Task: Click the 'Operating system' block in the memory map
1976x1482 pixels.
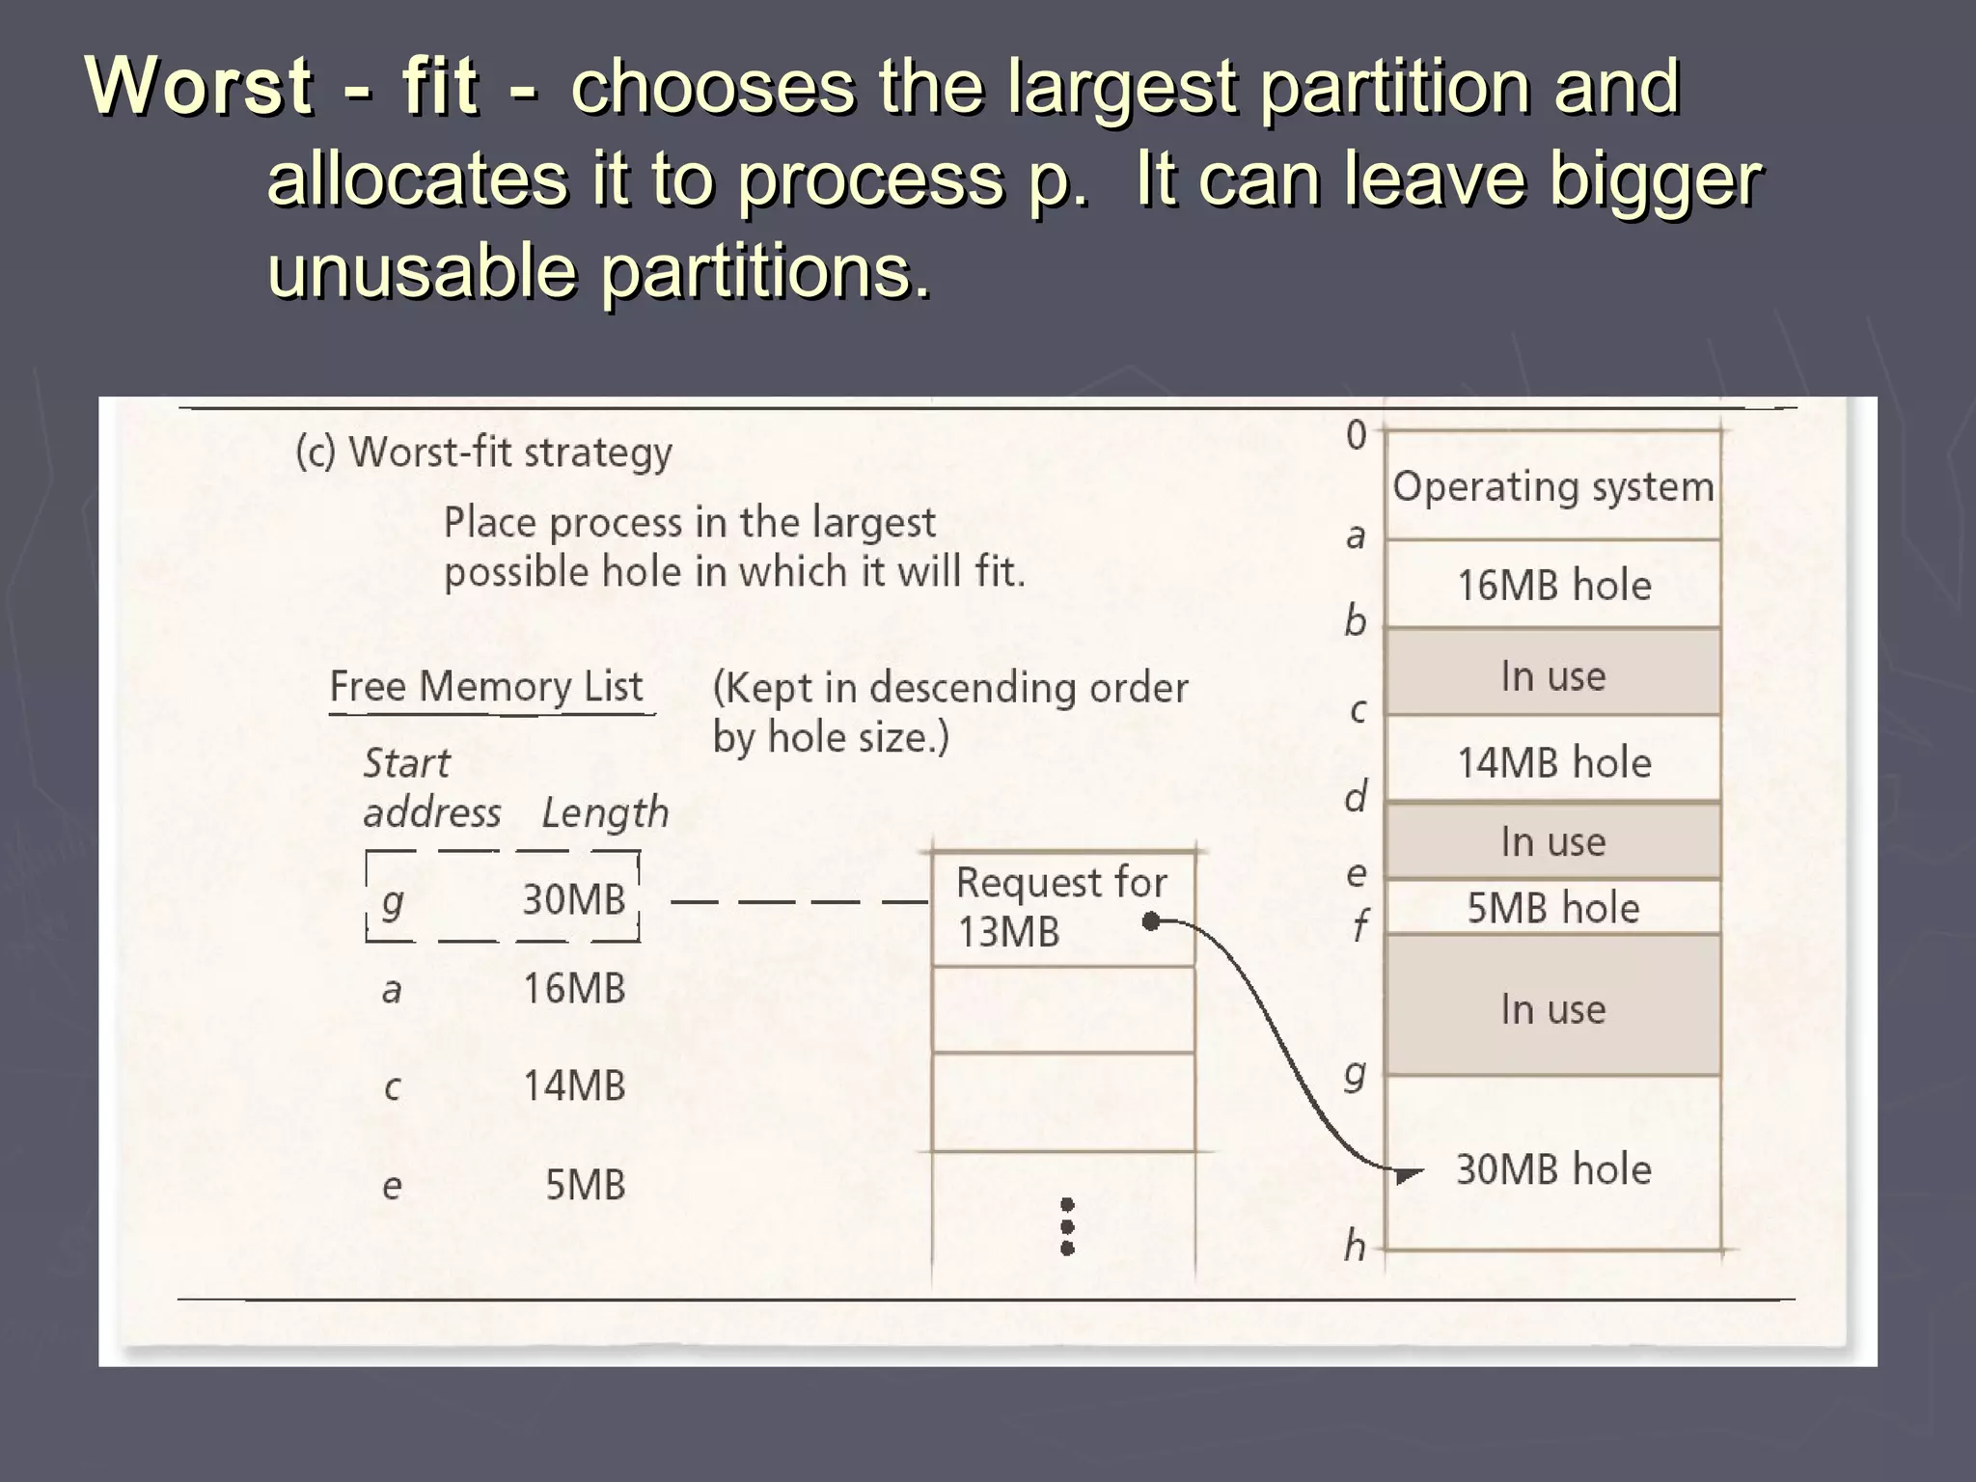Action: coord(1552,486)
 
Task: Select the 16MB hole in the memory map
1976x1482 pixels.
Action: coord(1552,586)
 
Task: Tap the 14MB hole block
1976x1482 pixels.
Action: coord(1552,762)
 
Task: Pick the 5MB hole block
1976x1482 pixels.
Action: coord(1552,908)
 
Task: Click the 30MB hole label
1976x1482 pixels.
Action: coord(1552,1169)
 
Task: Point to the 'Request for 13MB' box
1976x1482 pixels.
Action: coord(1061,907)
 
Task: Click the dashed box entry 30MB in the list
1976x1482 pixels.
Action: coord(573,899)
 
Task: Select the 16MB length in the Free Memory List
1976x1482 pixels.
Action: coord(573,989)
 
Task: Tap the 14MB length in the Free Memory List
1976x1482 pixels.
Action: coord(573,1086)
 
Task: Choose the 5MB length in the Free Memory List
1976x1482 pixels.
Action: coord(585,1185)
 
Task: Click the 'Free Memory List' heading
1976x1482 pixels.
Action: coord(485,687)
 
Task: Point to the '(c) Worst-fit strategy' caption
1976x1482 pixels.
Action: coord(483,452)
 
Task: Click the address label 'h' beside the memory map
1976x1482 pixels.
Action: coord(1355,1247)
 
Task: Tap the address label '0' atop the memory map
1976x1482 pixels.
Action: coord(1357,436)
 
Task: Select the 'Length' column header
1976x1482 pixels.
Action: coord(605,812)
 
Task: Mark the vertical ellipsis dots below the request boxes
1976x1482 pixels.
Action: coord(1067,1226)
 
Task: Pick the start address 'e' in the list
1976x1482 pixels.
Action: coord(391,1186)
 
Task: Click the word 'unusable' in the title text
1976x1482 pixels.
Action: coord(422,271)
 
